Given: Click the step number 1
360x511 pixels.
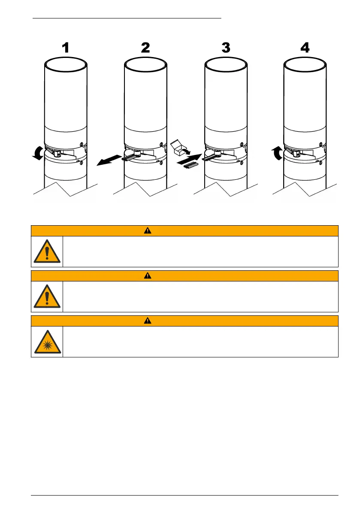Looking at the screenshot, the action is [65, 48].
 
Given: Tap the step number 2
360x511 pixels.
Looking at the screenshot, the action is [145, 48].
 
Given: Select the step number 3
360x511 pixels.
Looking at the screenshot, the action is [226, 48].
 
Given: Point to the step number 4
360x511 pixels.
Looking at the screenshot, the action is [305, 48].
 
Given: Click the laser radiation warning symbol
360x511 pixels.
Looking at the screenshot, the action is [47, 342].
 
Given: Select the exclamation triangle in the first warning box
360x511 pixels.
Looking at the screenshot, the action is [47, 251].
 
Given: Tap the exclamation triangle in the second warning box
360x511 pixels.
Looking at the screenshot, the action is [47, 296].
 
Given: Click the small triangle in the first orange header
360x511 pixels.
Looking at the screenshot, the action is [185, 231].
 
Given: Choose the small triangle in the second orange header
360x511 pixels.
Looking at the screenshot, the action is [185, 275].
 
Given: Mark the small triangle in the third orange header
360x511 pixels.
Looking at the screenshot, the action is [185, 321].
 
